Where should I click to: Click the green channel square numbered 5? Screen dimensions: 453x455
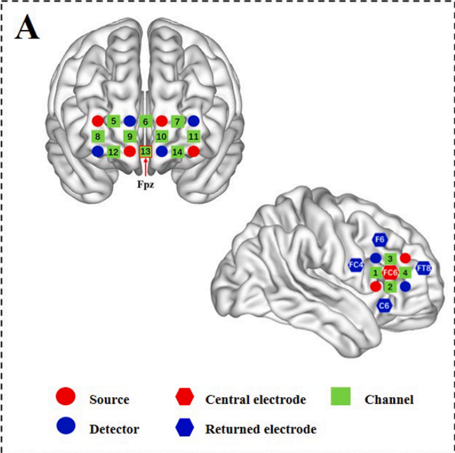(x=113, y=121)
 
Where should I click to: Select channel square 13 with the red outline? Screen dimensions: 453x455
(x=146, y=151)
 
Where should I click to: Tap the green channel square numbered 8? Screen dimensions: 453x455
(x=97, y=136)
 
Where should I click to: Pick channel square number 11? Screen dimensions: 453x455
(x=194, y=136)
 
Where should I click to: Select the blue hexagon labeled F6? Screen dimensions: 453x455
(x=380, y=240)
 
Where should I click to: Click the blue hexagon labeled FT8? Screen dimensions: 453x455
(x=424, y=268)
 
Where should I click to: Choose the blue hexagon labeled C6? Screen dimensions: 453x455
(x=384, y=306)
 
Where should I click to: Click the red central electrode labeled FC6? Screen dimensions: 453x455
(x=390, y=273)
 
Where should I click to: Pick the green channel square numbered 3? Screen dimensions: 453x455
(x=390, y=259)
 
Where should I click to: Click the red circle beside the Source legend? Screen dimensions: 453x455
(x=66, y=398)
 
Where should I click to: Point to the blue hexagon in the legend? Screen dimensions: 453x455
(x=184, y=428)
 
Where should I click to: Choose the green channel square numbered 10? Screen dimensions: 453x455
(x=162, y=136)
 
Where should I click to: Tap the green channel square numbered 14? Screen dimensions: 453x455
(x=178, y=151)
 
